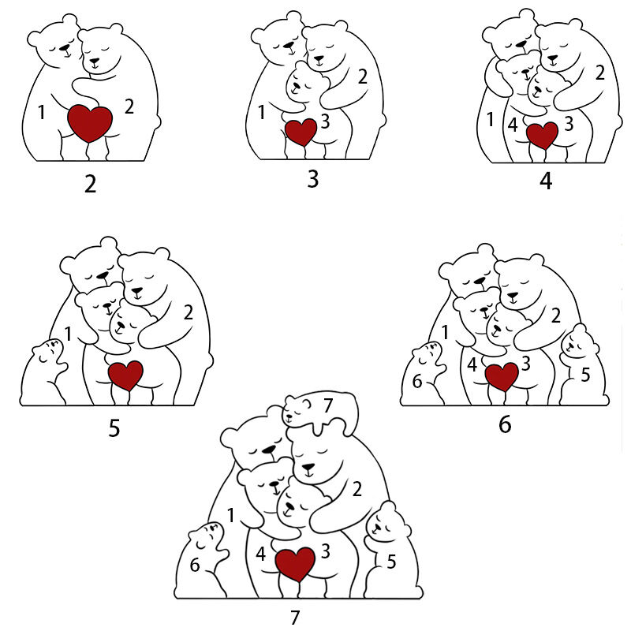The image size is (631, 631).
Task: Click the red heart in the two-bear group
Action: [x=90, y=123]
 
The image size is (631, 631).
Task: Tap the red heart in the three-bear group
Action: [x=301, y=132]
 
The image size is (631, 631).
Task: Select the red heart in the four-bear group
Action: [x=543, y=135]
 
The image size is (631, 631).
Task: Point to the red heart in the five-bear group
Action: [x=125, y=376]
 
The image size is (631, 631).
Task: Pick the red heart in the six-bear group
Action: [x=502, y=376]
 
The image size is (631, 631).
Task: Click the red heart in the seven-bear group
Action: [x=295, y=564]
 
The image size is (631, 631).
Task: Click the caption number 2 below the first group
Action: [x=91, y=185]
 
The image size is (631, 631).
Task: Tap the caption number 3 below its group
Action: [x=313, y=179]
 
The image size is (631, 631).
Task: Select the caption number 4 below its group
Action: [x=546, y=181]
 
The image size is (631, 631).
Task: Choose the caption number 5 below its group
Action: [x=114, y=428]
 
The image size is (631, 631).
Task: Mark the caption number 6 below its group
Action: [x=505, y=424]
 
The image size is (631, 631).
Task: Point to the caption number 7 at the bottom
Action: [x=295, y=617]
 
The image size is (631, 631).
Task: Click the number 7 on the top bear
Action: [x=328, y=405]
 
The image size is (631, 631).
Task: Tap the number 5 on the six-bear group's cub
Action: [x=585, y=375]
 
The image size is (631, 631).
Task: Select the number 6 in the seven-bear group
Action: [x=195, y=565]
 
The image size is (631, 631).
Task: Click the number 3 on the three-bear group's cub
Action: [x=325, y=121]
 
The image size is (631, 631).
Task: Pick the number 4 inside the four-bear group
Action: [x=512, y=125]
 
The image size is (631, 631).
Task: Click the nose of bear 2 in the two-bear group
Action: [x=94, y=62]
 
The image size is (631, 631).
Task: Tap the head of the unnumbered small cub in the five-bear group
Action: [x=48, y=351]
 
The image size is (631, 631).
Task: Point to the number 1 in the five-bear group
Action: [x=69, y=334]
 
